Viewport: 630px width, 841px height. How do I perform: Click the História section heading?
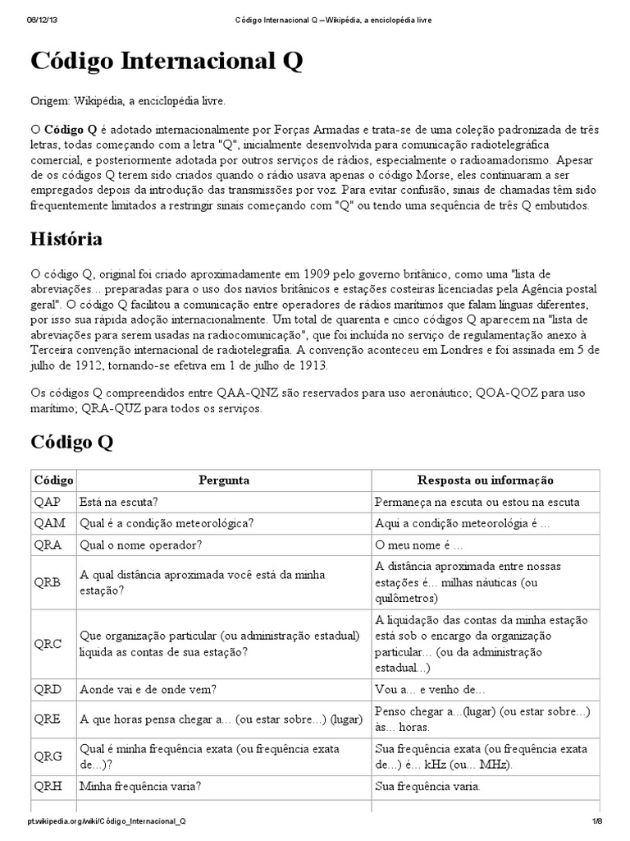66,239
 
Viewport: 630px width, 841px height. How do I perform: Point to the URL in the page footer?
106,820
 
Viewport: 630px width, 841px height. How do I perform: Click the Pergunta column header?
223,480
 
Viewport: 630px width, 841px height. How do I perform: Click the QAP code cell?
48,501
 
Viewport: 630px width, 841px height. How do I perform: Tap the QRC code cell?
48,644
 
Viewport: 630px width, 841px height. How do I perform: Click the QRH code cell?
48,785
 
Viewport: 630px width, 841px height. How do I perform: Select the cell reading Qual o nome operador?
140,544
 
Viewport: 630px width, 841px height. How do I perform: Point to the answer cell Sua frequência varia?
427,785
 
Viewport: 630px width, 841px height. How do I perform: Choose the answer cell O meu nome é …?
418,544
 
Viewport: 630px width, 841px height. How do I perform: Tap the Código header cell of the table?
52,480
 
